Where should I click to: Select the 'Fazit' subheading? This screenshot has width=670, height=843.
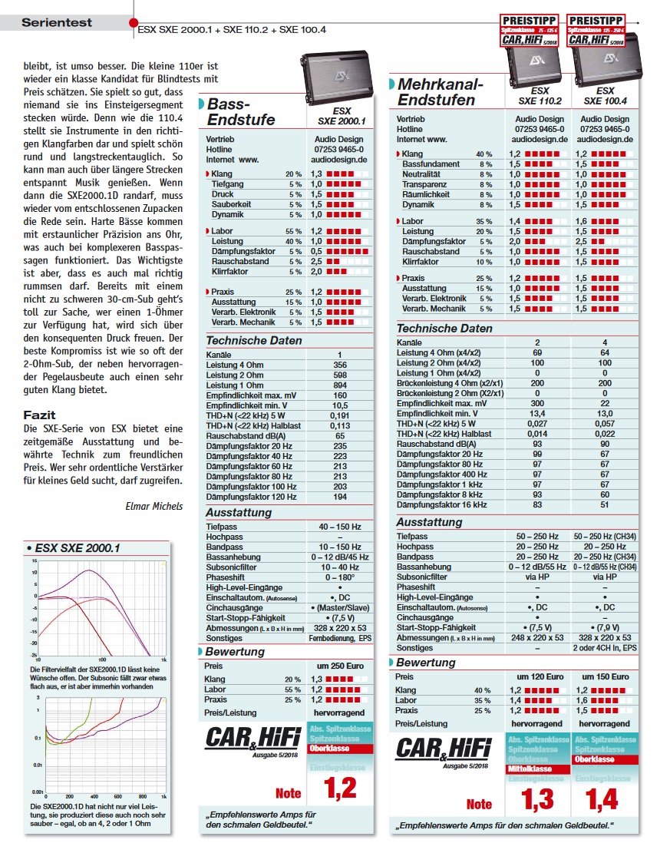tap(39, 415)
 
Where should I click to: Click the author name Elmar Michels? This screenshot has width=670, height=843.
tap(154, 505)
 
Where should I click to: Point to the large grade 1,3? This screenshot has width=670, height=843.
tap(537, 799)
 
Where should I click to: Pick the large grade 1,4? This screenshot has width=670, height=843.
tap(603, 799)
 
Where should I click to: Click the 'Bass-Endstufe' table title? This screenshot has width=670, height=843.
tap(241, 112)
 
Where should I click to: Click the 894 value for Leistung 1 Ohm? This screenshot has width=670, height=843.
tap(340, 385)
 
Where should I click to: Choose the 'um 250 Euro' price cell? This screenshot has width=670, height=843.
tap(340, 666)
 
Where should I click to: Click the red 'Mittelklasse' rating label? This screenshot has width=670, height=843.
tap(539, 769)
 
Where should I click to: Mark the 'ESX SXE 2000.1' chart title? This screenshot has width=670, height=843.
tap(78, 548)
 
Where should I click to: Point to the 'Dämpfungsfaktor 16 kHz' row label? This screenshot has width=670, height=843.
tap(441, 504)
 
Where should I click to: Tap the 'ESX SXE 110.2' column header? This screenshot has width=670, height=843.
tap(540, 96)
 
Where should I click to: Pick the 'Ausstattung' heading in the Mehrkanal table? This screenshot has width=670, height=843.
tap(429, 522)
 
